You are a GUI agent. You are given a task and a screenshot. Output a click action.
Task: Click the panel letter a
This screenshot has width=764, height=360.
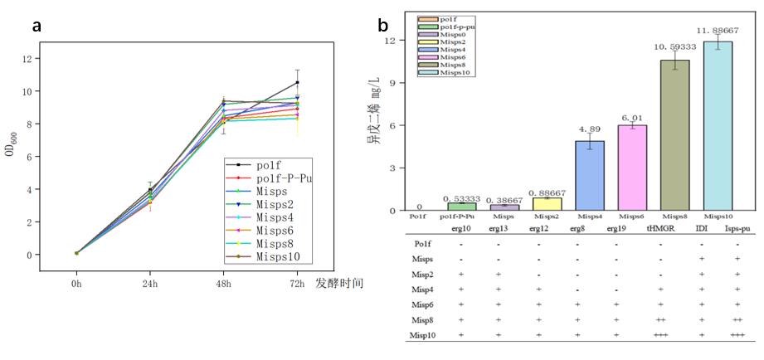coord(36,27)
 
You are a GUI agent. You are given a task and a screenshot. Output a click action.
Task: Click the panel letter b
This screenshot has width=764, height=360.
coord(382,26)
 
